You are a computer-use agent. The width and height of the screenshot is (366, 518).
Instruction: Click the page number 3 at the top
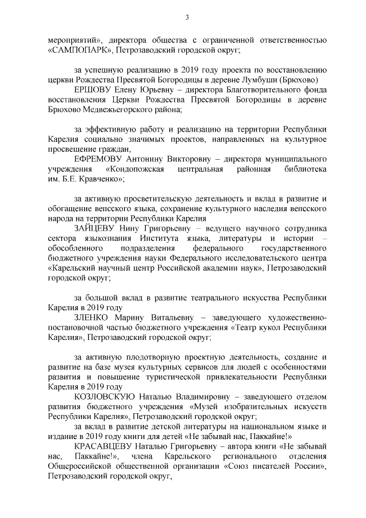coord(187,18)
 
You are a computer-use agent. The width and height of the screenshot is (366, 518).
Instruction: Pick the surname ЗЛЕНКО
coord(92,318)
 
